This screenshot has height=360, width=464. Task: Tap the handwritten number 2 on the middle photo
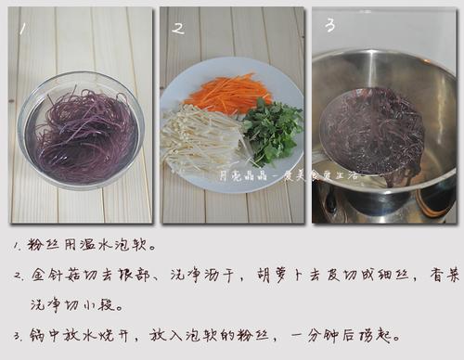[x=177, y=29]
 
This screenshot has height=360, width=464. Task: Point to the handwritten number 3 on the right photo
[x=329, y=25]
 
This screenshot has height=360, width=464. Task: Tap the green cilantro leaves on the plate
[x=271, y=130]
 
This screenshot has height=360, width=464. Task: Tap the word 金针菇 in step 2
[x=56, y=276]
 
